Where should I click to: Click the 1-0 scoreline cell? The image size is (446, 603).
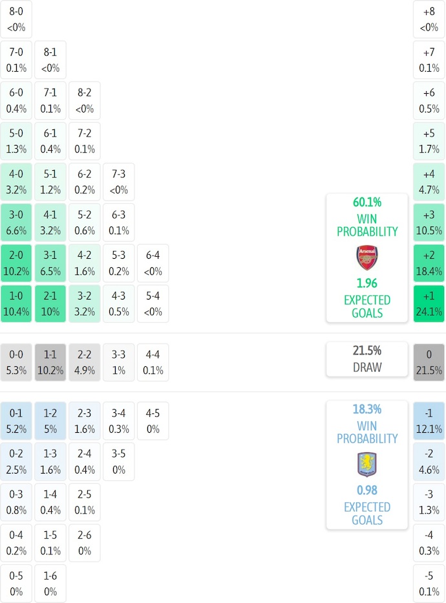pos(17,303)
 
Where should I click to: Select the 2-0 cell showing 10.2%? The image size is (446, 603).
pos(17,263)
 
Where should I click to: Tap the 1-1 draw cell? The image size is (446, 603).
pos(50,362)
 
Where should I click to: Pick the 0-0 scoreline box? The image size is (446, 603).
pos(17,362)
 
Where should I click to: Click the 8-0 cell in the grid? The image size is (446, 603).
pos(17,19)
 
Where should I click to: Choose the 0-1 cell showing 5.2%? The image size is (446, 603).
pos(17,421)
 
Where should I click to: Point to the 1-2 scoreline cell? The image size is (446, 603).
pos(50,421)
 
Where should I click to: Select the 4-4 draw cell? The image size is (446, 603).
pos(153,362)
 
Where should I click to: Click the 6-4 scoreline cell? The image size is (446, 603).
pos(153,263)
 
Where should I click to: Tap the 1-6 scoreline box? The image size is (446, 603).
pos(50,584)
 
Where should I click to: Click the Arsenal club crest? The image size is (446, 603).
pos(366,258)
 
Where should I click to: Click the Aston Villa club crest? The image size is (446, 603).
pos(366,465)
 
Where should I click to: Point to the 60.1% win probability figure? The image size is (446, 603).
pos(366,203)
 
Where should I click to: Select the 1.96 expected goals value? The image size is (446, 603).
pos(366,283)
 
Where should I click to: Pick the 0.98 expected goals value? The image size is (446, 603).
pos(366,490)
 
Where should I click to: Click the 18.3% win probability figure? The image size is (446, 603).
pos(366,410)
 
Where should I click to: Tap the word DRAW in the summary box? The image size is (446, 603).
pos(366,367)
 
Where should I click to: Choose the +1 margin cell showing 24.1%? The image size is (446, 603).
pos(429,303)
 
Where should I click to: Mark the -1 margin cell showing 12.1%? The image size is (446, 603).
pos(429,421)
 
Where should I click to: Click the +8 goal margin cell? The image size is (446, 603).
pos(429,19)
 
